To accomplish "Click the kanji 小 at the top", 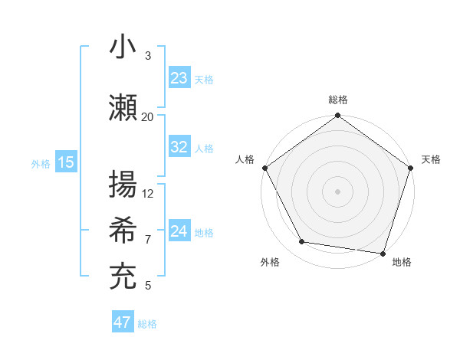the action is click(x=123, y=47).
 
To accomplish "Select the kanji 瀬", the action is click(x=123, y=108).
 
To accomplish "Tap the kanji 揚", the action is click(x=123, y=185).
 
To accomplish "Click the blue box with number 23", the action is click(x=179, y=78).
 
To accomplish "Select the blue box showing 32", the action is click(x=179, y=147).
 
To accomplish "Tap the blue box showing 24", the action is click(x=179, y=231).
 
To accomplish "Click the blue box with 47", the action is click(x=123, y=322).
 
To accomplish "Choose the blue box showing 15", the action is click(x=66, y=162).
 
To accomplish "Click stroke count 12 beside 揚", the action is click(x=148, y=193).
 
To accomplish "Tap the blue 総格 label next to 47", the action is click(x=147, y=324).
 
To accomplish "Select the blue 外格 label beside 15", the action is click(x=41, y=163).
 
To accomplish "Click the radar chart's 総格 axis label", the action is click(x=338, y=100).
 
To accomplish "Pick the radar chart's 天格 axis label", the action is click(x=431, y=159).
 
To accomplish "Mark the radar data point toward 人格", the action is click(x=264, y=168).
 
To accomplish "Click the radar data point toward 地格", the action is click(x=383, y=253).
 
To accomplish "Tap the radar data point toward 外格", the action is click(x=302, y=242).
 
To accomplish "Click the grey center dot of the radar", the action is click(x=337, y=191).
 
